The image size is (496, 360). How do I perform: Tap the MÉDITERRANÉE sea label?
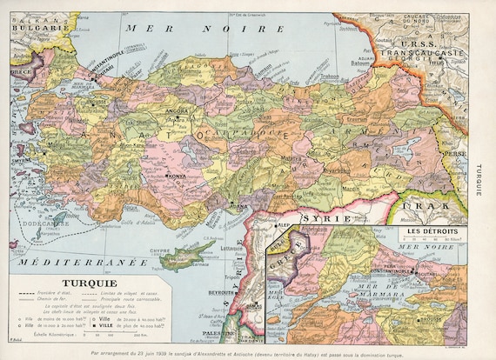pos(61,261)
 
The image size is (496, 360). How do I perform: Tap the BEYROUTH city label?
pos(220,293)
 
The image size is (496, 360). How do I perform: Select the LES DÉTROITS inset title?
pos(436,231)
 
